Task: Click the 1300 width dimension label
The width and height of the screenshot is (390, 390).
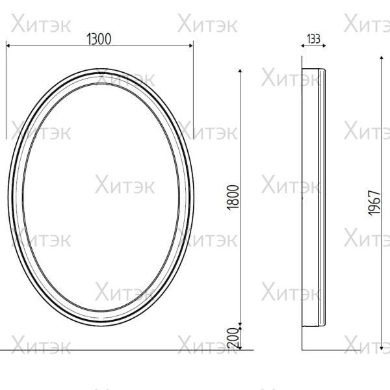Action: [99, 39]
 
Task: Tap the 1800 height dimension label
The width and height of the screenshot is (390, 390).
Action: [233, 198]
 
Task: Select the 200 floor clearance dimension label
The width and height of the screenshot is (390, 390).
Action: [233, 338]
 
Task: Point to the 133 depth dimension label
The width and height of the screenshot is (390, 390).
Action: [313, 39]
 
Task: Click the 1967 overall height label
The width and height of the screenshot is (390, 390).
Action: [374, 203]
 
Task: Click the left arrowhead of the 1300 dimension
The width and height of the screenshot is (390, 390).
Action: [8, 45]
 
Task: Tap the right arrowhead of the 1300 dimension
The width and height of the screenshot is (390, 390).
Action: [191, 45]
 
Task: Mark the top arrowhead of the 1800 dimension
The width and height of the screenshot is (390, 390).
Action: [240, 71]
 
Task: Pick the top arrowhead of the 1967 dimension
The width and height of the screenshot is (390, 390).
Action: [382, 58]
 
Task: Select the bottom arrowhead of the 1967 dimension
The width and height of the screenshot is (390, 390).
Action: [382, 348]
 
